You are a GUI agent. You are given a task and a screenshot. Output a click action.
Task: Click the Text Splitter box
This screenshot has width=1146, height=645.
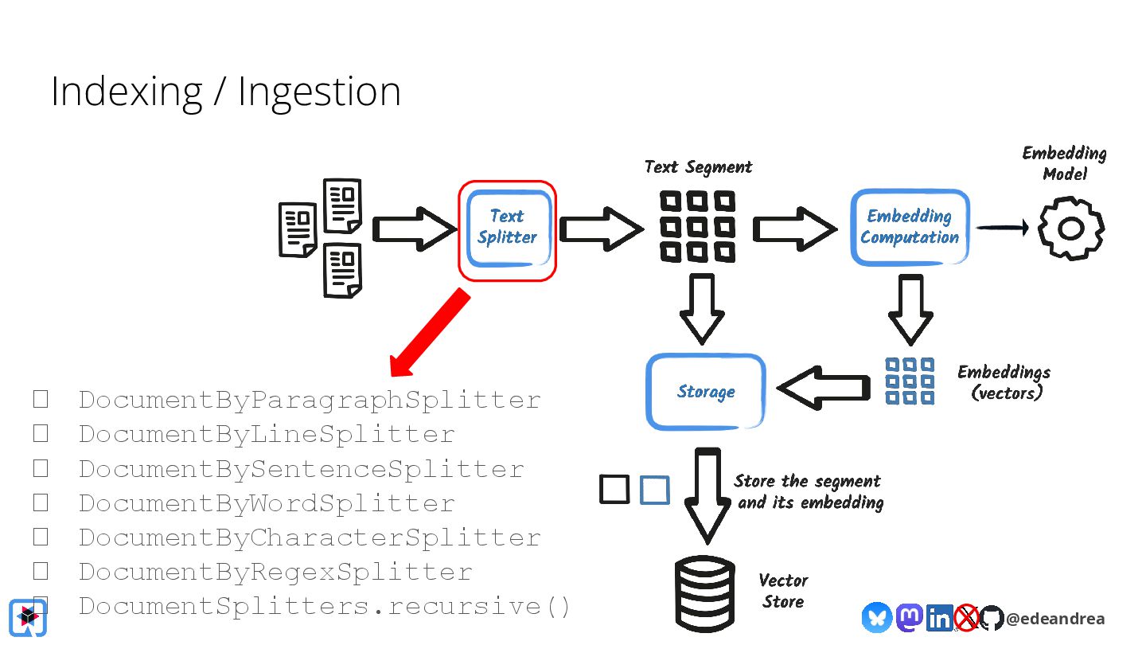[508, 229]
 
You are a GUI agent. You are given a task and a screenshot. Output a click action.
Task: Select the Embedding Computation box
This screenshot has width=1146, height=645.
[910, 227]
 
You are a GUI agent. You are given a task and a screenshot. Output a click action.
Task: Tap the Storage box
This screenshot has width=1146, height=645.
[705, 392]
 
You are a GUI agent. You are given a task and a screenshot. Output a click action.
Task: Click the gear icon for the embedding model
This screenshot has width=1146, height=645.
[1071, 229]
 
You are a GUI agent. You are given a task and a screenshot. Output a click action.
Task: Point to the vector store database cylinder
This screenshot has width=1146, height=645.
[705, 594]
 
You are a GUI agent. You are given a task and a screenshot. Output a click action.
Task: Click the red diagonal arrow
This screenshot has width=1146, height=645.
[429, 333]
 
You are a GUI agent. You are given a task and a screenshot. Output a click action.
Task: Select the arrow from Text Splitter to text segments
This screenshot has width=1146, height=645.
[602, 229]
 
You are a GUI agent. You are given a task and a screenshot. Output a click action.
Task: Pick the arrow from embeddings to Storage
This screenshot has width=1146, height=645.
[823, 388]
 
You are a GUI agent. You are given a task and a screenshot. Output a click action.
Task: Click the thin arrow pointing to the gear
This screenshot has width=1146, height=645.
[1002, 227]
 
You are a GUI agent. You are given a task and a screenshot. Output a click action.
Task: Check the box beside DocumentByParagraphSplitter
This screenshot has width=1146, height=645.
[41, 399]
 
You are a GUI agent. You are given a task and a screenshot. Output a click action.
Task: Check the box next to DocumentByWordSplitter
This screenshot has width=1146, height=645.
[41, 502]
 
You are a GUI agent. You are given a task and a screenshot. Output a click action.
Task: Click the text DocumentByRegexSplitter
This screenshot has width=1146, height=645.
[275, 572]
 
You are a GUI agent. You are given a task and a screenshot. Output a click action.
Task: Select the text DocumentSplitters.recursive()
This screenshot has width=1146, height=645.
[325, 607]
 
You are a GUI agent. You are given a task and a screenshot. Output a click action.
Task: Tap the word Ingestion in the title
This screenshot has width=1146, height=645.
[319, 92]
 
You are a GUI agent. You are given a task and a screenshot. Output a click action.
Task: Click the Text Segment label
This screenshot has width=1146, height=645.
[698, 167]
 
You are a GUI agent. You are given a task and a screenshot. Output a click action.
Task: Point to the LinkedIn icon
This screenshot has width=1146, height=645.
[939, 618]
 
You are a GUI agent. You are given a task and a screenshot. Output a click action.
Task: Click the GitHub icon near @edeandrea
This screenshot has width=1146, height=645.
[991, 618]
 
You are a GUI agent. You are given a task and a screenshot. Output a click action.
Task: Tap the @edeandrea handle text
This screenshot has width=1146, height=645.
[1055, 619]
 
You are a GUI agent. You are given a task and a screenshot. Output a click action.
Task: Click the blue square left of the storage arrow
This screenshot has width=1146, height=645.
[655, 490]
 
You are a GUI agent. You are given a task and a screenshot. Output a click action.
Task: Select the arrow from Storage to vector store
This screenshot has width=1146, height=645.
[707, 495]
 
